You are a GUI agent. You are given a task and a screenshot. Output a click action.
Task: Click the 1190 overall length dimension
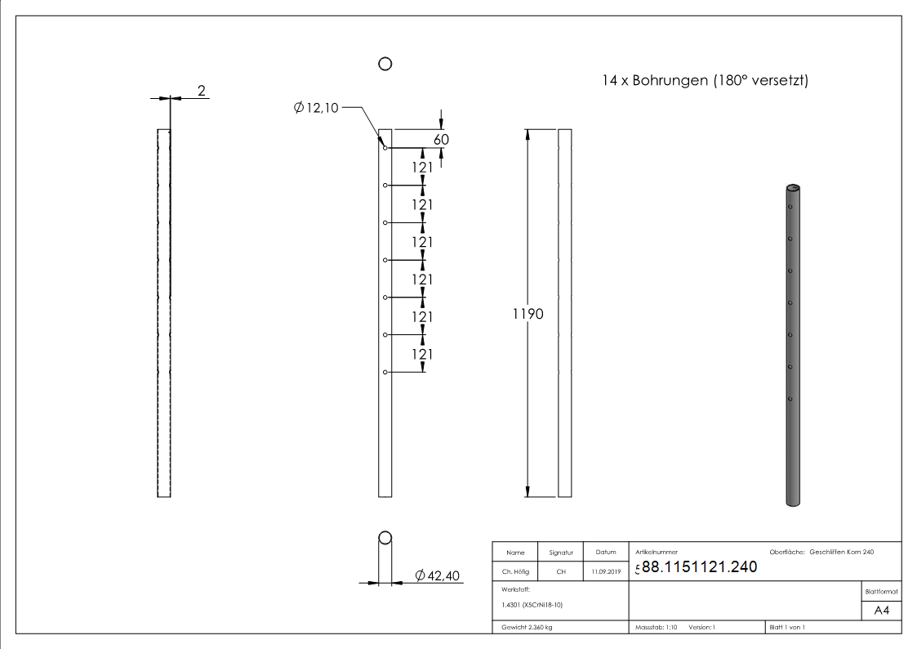[x=527, y=314]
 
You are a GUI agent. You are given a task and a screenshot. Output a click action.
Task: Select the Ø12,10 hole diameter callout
[x=316, y=107]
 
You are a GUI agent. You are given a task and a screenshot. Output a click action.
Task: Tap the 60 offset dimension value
[x=441, y=140]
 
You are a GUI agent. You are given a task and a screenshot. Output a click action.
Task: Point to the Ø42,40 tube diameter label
[x=438, y=576]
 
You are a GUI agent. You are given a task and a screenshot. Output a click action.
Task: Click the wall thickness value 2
[x=201, y=91]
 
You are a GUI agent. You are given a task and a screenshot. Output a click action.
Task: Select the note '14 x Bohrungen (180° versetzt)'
[x=704, y=80]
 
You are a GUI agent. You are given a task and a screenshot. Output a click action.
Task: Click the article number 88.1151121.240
[x=699, y=567]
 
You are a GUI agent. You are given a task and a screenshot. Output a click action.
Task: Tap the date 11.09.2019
[x=606, y=572]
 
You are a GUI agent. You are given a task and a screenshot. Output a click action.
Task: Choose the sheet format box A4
[x=881, y=610]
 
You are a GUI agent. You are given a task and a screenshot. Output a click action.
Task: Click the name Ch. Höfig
[x=516, y=572]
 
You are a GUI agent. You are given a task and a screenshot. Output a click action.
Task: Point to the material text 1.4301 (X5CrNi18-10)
[x=532, y=605]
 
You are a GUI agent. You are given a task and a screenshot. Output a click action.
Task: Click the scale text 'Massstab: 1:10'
[x=657, y=627]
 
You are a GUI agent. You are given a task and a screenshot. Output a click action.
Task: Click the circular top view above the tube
[x=385, y=64]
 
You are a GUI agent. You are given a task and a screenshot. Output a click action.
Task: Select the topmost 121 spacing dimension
[x=421, y=167]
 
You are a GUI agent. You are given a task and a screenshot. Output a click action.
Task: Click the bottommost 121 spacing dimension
[x=421, y=354]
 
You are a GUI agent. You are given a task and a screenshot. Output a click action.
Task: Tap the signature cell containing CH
[x=561, y=572]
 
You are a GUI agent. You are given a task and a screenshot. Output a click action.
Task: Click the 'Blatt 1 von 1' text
[x=787, y=627]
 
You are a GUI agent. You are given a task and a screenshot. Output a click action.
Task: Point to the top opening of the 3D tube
[x=793, y=187]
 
